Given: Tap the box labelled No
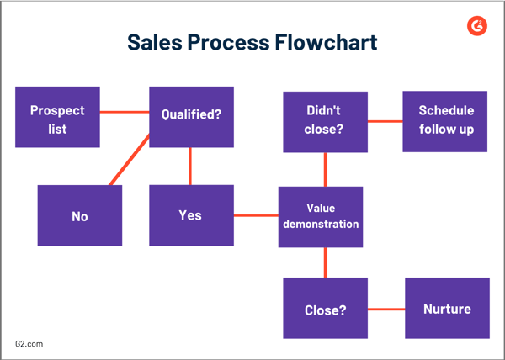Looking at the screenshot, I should point(80,215).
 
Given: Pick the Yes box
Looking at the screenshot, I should point(191,215).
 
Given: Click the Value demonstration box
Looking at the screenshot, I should point(321,216).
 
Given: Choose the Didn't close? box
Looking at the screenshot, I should point(325,121).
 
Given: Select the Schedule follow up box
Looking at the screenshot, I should point(445,121).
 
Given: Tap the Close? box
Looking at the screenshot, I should point(325,309).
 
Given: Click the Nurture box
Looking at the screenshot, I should point(447,308).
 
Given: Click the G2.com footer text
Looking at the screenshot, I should point(29,344).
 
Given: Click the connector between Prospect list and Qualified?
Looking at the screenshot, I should point(125,111).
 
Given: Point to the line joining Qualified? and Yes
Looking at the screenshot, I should point(190,167).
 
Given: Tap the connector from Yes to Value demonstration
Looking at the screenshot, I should point(256,216).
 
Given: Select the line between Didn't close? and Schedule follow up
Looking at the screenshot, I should point(385,121).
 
